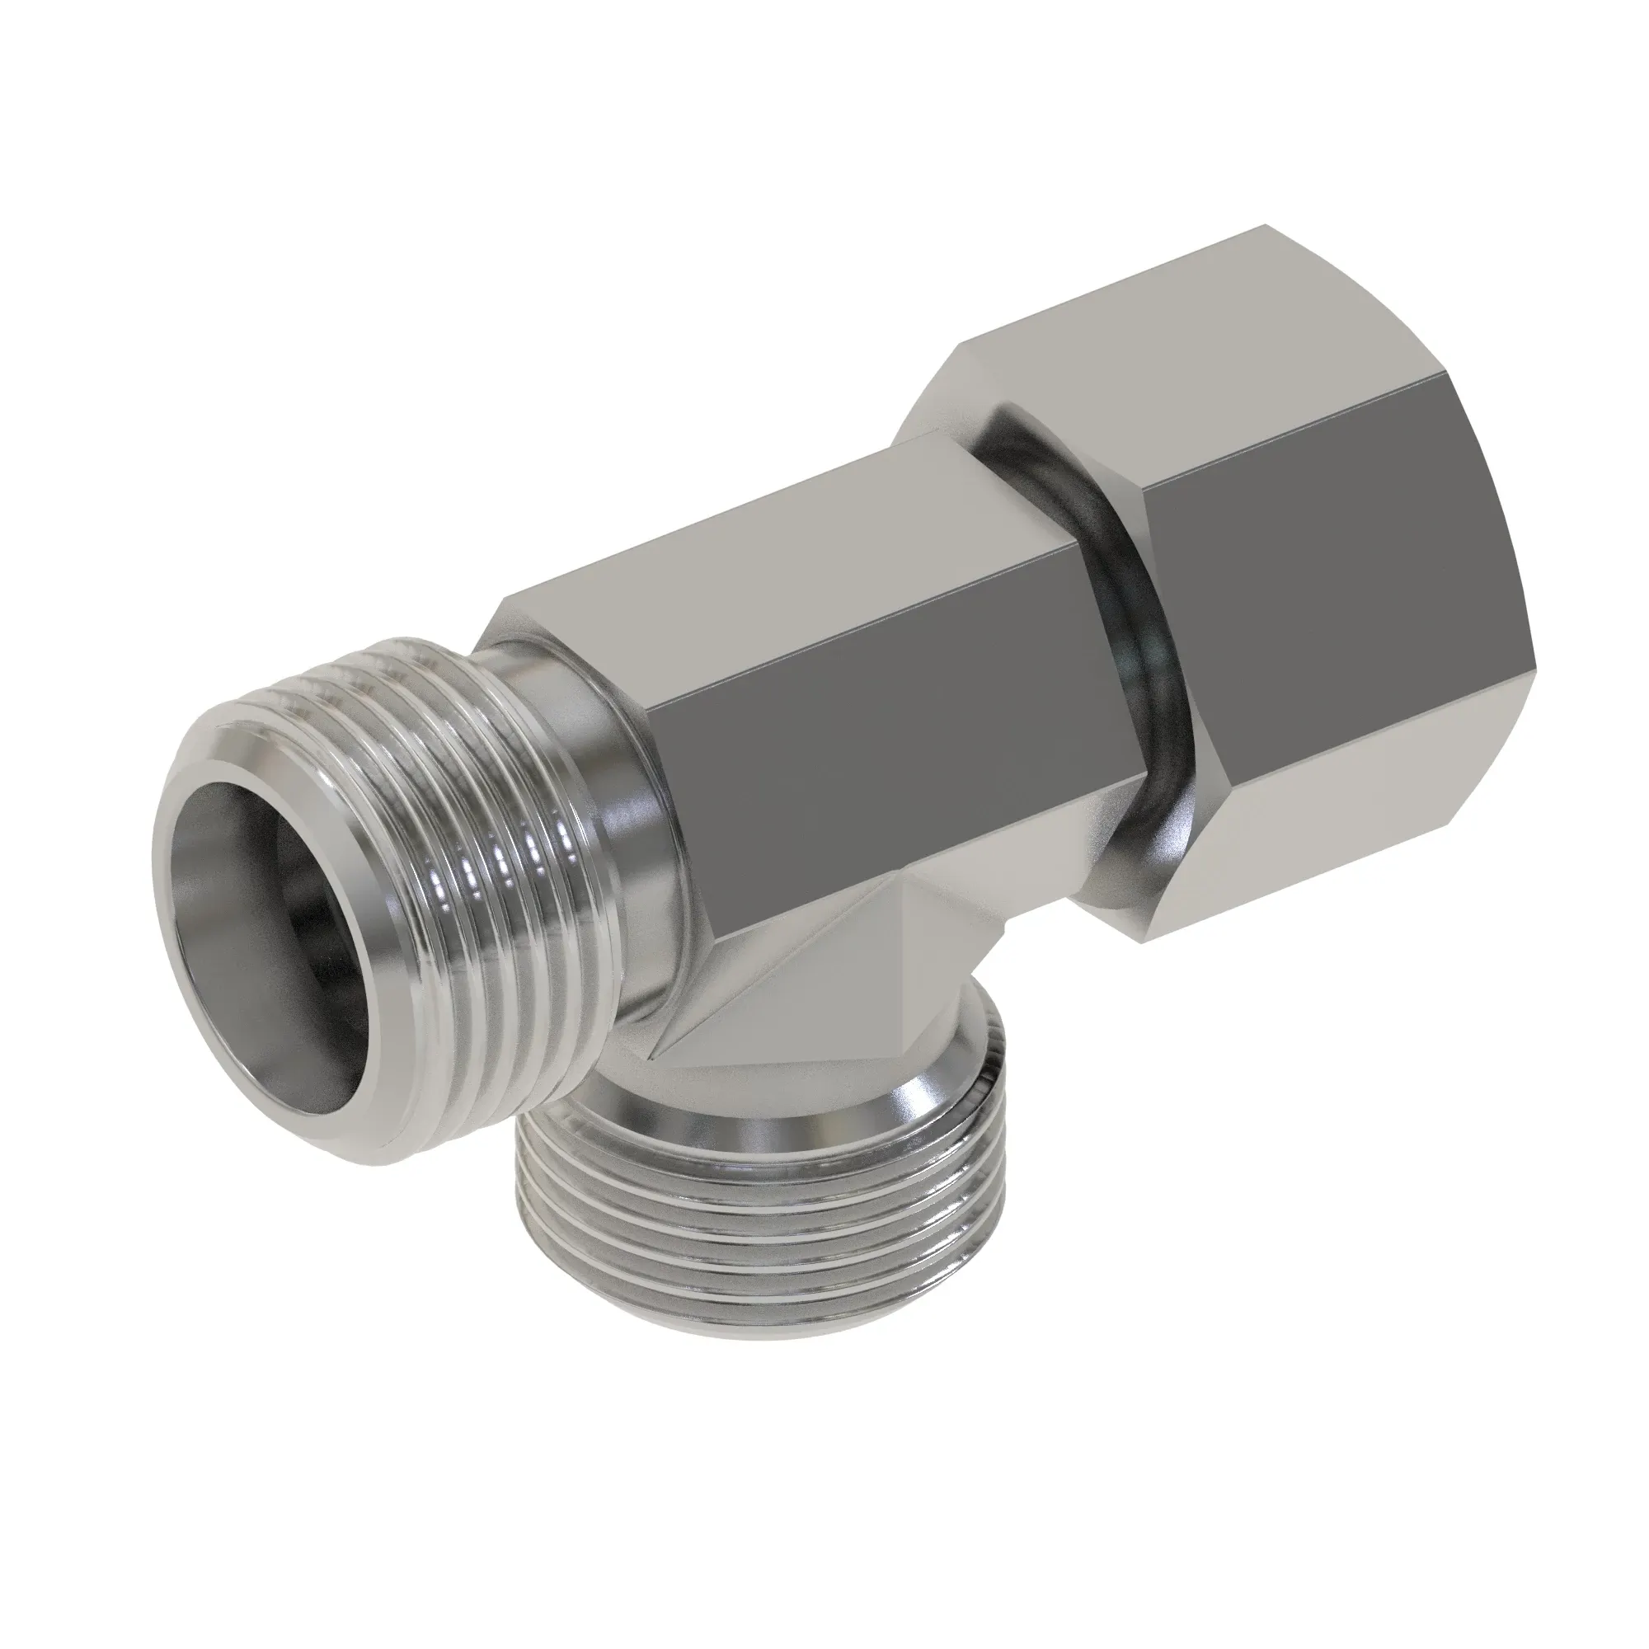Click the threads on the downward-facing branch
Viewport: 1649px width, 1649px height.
click(x=734, y=1212)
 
